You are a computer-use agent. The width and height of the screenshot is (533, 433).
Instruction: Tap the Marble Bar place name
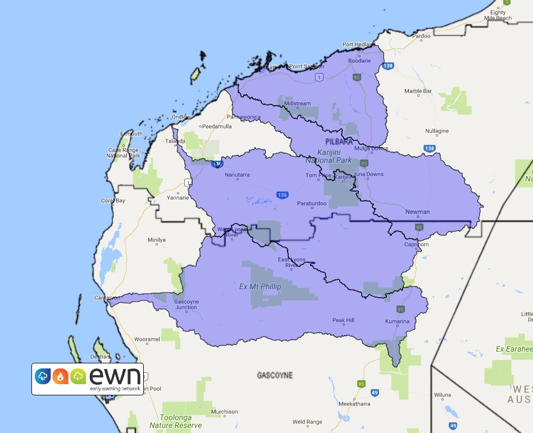pos(418,91)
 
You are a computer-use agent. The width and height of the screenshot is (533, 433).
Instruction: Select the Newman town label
pos(417,212)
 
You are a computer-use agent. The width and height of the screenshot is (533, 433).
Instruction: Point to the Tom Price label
pos(318,175)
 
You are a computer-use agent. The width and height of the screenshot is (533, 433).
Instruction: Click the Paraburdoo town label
pos(312,203)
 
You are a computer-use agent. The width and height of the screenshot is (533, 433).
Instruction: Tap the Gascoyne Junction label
pos(186,304)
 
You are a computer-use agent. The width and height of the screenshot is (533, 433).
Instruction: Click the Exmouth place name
pos(130,134)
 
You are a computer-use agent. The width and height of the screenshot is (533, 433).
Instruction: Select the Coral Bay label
pos(113,200)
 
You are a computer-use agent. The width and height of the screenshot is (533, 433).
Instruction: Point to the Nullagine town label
pos(437,131)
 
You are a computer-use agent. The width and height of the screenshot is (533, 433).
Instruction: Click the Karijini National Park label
pos(329,156)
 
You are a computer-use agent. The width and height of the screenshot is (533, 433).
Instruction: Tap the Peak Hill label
pos(343,320)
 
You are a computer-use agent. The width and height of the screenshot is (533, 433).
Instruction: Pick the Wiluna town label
pos(443,395)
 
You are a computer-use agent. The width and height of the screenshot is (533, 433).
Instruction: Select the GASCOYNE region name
pos(275,375)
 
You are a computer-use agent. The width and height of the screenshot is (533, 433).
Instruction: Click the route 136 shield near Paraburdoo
pos(282,195)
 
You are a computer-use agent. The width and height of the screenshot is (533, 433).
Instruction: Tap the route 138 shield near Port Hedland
pos(388,66)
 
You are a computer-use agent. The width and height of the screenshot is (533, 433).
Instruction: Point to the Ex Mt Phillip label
pos(260,286)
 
